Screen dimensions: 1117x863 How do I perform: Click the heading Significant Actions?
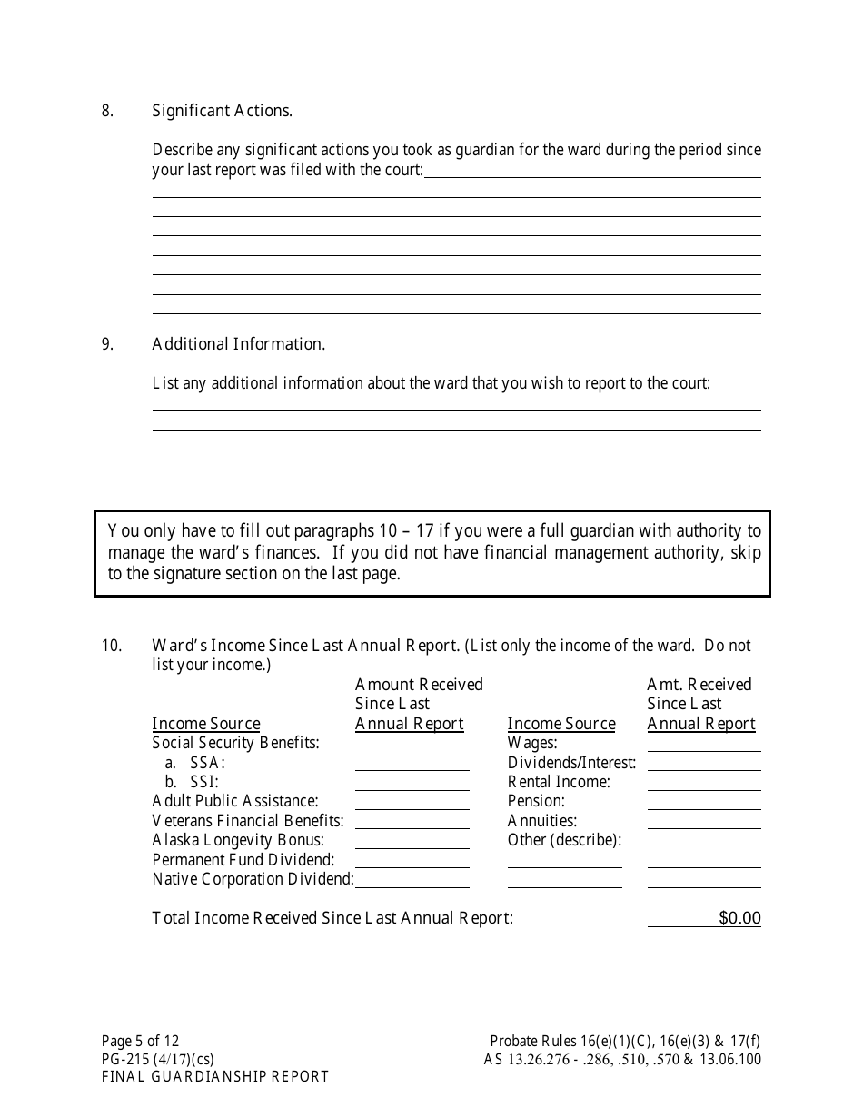click(x=222, y=111)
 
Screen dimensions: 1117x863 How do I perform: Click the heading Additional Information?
click(x=238, y=344)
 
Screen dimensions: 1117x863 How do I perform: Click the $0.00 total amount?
click(x=739, y=918)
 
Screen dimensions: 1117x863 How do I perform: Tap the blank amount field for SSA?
click(x=412, y=763)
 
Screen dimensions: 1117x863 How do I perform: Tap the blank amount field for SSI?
click(x=412, y=782)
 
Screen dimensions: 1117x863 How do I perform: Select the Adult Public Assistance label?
click(x=235, y=801)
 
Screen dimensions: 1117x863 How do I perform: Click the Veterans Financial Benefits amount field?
click(x=412, y=821)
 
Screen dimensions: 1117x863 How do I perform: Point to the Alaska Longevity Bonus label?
click(x=238, y=840)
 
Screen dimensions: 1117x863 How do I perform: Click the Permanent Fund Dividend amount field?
click(x=412, y=860)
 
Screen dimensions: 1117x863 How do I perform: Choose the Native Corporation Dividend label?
click(x=253, y=879)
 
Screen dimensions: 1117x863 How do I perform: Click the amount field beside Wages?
click(x=704, y=744)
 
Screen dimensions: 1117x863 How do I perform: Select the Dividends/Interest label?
click(x=571, y=763)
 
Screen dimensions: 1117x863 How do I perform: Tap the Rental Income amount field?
click(x=704, y=782)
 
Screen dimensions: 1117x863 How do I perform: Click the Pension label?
click(x=536, y=801)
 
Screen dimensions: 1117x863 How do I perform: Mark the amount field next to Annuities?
click(x=704, y=821)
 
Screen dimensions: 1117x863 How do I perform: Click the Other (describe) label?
click(x=564, y=840)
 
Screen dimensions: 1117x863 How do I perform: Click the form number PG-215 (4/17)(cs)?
click(x=158, y=1059)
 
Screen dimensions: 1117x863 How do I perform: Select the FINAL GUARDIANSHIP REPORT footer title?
click(x=215, y=1077)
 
